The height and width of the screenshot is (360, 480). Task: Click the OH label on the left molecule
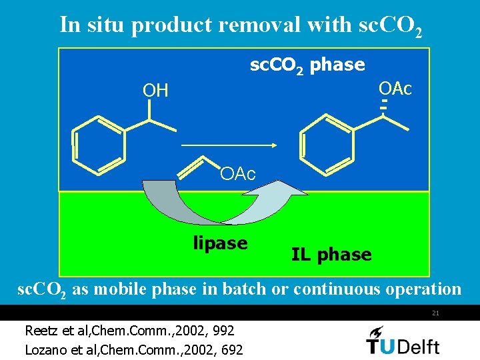pos(155,91)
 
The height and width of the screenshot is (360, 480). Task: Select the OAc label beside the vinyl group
pos(238,175)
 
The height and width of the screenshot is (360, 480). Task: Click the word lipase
pos(220,244)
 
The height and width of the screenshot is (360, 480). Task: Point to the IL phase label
pos(331,254)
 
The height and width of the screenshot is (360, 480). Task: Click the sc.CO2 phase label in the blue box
pos(307,65)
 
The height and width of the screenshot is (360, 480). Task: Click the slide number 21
pos(435,313)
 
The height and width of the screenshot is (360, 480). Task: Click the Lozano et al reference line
pos(133,349)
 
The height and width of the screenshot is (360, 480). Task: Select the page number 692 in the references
pos(231,349)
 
